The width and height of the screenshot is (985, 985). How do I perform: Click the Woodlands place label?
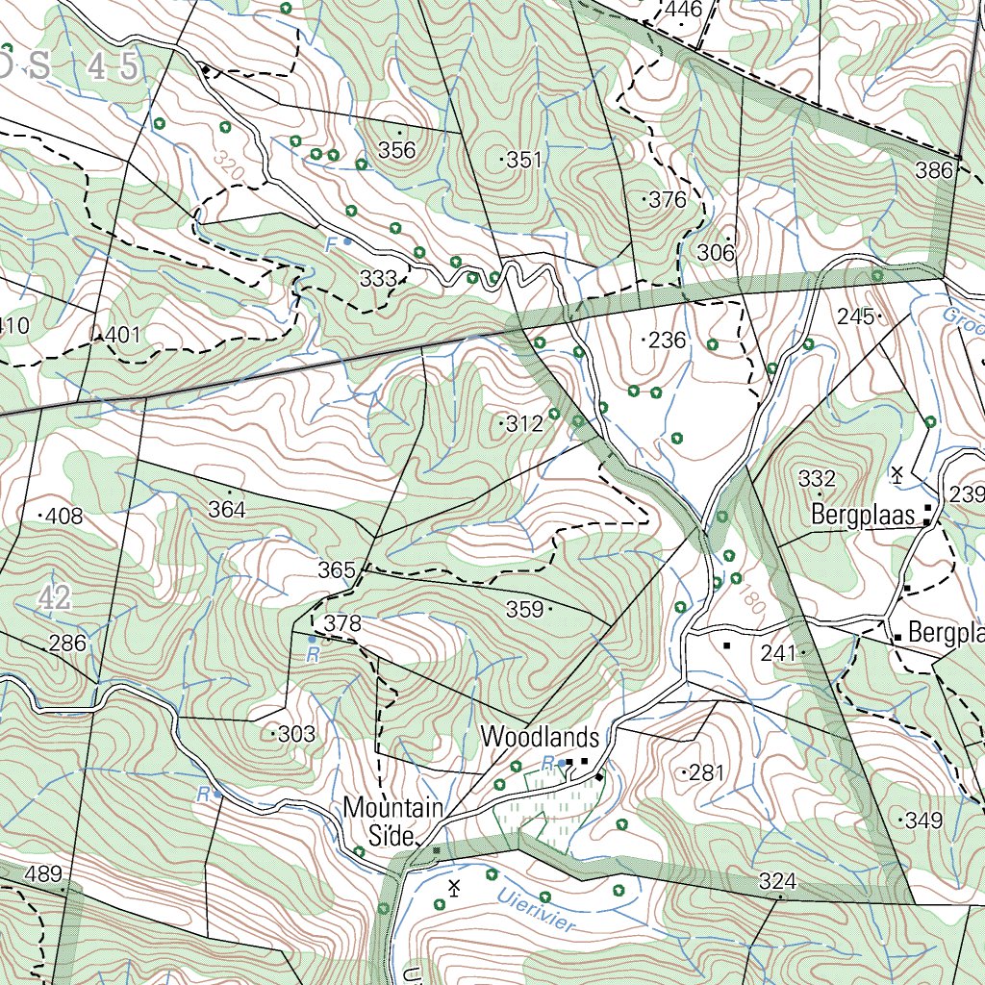pyautogui.click(x=540, y=738)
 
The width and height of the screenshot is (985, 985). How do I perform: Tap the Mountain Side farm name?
pyautogui.click(x=393, y=821)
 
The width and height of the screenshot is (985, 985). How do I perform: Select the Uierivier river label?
pyautogui.click(x=537, y=909)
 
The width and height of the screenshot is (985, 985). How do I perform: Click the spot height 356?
pyautogui.click(x=396, y=149)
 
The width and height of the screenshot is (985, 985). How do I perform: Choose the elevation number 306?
pyautogui.click(x=716, y=253)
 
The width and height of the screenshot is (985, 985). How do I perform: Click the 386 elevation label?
pyautogui.click(x=933, y=171)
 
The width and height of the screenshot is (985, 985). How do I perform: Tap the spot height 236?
pyautogui.click(x=667, y=341)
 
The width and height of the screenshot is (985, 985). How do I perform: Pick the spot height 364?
pyautogui.click(x=227, y=510)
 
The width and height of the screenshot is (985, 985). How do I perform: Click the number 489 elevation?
pyautogui.click(x=43, y=874)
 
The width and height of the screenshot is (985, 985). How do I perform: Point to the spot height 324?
pyautogui.click(x=777, y=881)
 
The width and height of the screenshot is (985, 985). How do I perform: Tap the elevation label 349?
pyautogui.click(x=922, y=821)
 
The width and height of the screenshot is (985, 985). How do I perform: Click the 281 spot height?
pyautogui.click(x=705, y=772)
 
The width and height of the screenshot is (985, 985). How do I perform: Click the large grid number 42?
pyautogui.click(x=56, y=598)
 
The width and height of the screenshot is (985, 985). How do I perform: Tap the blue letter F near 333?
pyautogui.click(x=331, y=244)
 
